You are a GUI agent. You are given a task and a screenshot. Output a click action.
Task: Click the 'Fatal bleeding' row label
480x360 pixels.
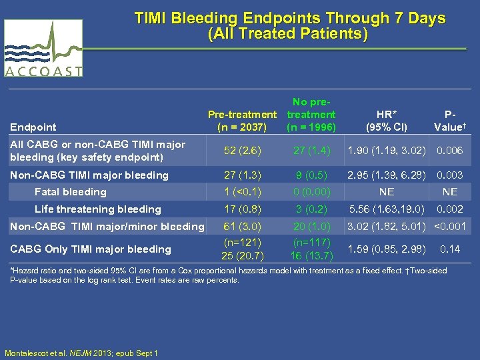[x=70, y=192]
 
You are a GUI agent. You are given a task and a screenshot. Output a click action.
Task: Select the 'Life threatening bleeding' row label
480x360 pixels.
[x=97, y=209]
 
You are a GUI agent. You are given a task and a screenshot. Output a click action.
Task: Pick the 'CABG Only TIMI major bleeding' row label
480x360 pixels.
[x=89, y=249]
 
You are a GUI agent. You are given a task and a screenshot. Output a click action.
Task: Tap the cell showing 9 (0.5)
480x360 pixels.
[x=311, y=175]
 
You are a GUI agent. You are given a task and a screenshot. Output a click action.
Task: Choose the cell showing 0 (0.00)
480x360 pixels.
[x=311, y=192]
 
